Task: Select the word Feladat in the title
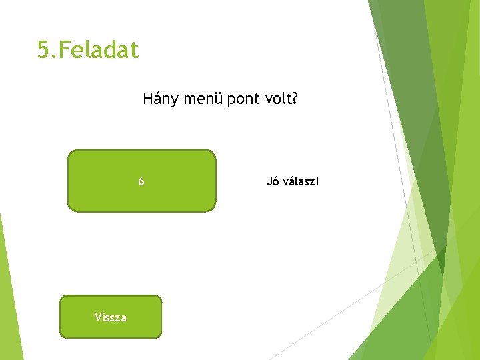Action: point(99,50)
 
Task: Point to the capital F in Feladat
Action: point(66,50)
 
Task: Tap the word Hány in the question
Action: point(158,100)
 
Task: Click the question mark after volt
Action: point(295,100)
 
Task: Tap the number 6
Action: point(141,181)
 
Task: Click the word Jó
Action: point(272,181)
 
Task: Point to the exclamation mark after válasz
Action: point(317,181)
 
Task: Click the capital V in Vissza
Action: point(98,317)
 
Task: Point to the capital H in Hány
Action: point(147,100)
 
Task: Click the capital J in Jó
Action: point(269,181)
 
